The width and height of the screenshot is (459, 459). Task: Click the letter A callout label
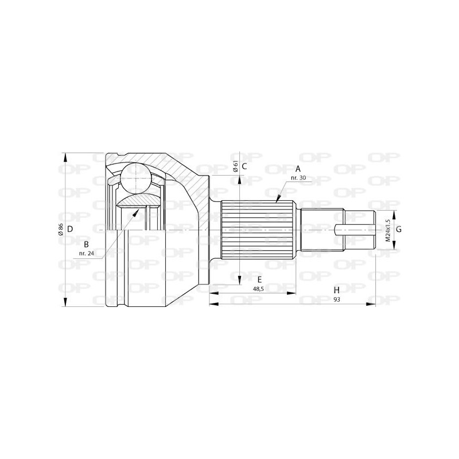click(297, 169)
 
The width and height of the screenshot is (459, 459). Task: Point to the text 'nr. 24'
click(86, 252)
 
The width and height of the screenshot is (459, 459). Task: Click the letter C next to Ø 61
click(244, 166)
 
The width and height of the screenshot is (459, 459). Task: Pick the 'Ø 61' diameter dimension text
click(236, 166)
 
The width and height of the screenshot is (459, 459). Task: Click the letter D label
click(69, 229)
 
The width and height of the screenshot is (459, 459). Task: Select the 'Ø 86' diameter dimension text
click(60, 229)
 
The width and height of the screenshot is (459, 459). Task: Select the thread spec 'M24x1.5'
click(388, 229)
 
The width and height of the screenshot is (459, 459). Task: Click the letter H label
click(337, 290)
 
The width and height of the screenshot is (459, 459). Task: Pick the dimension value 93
click(337, 299)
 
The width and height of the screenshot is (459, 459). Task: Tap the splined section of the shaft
click(258, 229)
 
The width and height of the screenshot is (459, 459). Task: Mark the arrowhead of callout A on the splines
click(277, 201)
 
